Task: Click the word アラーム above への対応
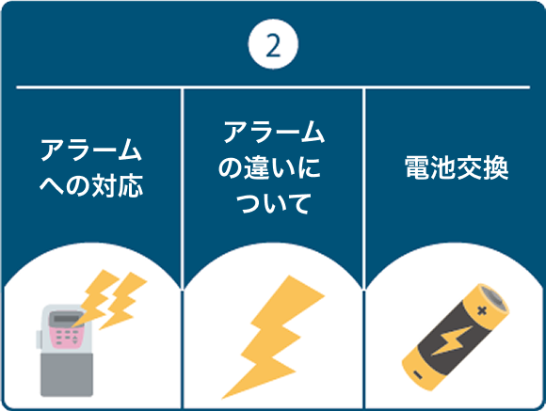(90, 150)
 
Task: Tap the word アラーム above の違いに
(273, 133)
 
